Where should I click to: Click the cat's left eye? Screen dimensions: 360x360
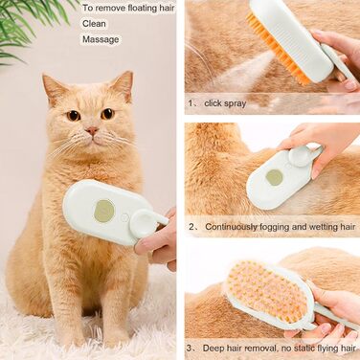(73, 115)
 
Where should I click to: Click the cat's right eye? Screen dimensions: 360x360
(108, 113)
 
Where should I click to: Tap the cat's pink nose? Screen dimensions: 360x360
(92, 130)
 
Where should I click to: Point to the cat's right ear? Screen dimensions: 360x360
(124, 85)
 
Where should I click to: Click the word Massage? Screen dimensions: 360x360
(101, 39)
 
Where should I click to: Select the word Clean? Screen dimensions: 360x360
(94, 24)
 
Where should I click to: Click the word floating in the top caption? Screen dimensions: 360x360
(141, 8)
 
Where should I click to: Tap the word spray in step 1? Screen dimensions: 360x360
(235, 103)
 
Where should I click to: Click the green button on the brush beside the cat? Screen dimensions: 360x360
(104, 211)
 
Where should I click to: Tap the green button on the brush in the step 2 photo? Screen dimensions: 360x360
(275, 177)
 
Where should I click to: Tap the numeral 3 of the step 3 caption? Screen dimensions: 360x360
(190, 349)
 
